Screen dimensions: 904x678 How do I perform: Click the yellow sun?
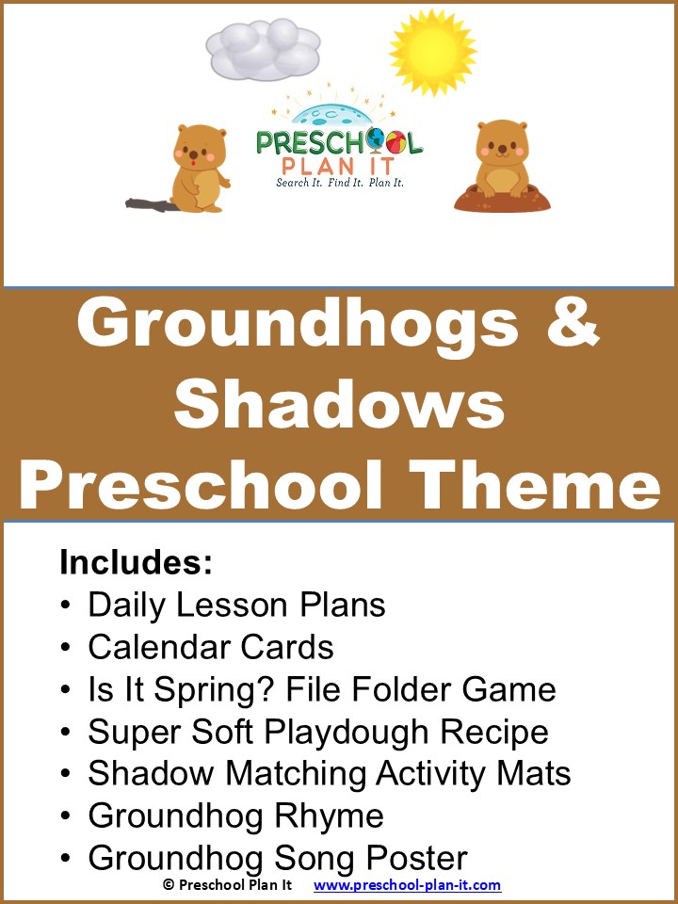432,52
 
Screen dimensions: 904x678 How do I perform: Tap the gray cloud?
263,50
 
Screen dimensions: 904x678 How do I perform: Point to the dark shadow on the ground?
150,202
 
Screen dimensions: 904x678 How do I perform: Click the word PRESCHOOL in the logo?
339,142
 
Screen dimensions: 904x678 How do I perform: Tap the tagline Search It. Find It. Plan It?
339,182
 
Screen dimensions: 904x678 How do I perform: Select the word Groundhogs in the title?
298,324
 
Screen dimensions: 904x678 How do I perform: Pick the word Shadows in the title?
339,405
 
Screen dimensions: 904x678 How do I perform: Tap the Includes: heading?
136,562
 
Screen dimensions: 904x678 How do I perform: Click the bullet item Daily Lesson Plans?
236,605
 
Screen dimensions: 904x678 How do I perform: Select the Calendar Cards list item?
211,647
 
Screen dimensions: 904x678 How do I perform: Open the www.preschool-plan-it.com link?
407,885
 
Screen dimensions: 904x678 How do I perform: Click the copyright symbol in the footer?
169,885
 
